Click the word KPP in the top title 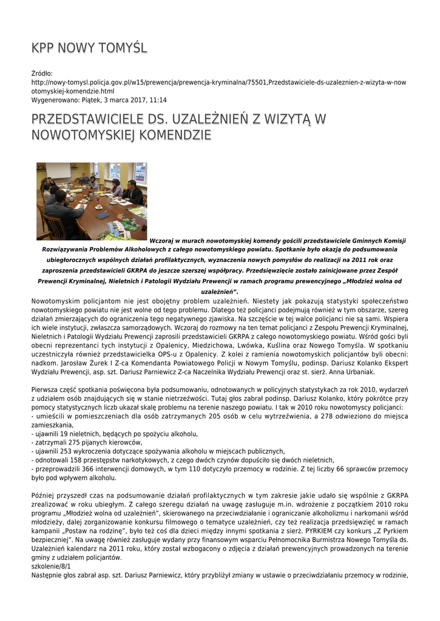click(x=43, y=48)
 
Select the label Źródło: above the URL click(x=42, y=73)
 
